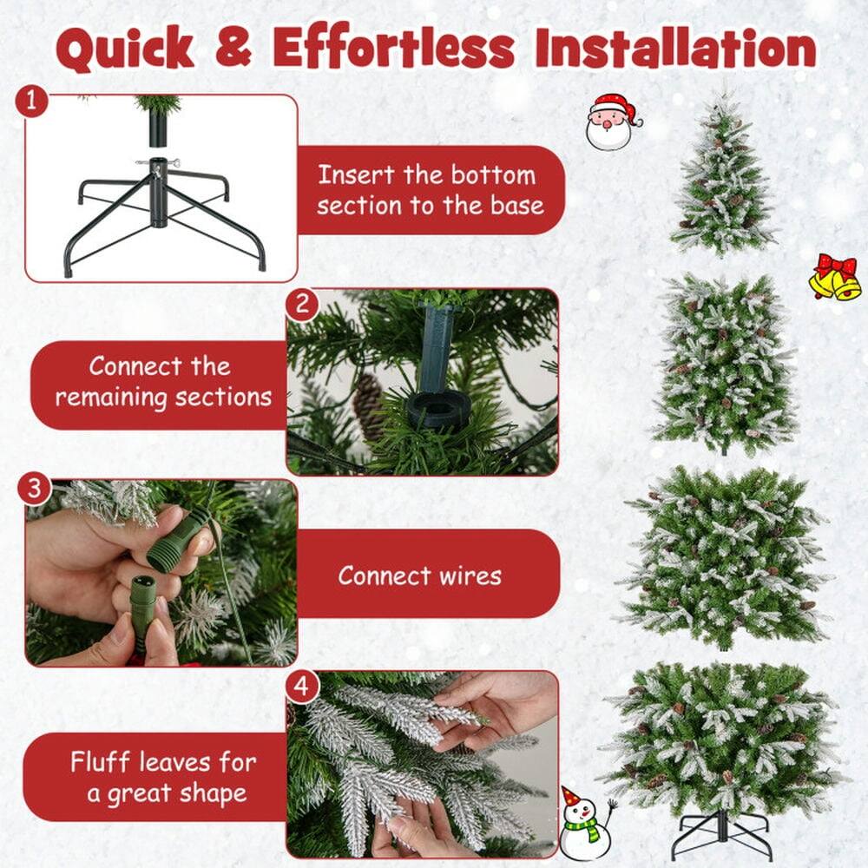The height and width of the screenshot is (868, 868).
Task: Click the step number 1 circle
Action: pyautogui.click(x=31, y=102)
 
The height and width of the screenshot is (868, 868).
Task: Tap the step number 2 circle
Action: pyautogui.click(x=302, y=306)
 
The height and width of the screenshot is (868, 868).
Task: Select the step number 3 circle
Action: pyautogui.click(x=34, y=489)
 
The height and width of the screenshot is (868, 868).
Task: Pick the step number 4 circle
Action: pyautogui.click(x=301, y=687)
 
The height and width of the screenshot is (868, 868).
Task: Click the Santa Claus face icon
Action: pyautogui.click(x=610, y=122)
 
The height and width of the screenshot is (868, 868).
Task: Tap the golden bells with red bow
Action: pyautogui.click(x=835, y=278)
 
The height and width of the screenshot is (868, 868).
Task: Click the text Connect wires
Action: pyautogui.click(x=419, y=575)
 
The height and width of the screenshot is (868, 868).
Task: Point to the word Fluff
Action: pyautogui.click(x=102, y=763)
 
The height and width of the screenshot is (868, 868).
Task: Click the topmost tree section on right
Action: pyautogui.click(x=722, y=178)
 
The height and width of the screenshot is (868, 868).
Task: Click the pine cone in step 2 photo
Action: pyautogui.click(x=368, y=404)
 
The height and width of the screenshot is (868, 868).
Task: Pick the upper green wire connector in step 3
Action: pyautogui.click(x=179, y=541)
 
